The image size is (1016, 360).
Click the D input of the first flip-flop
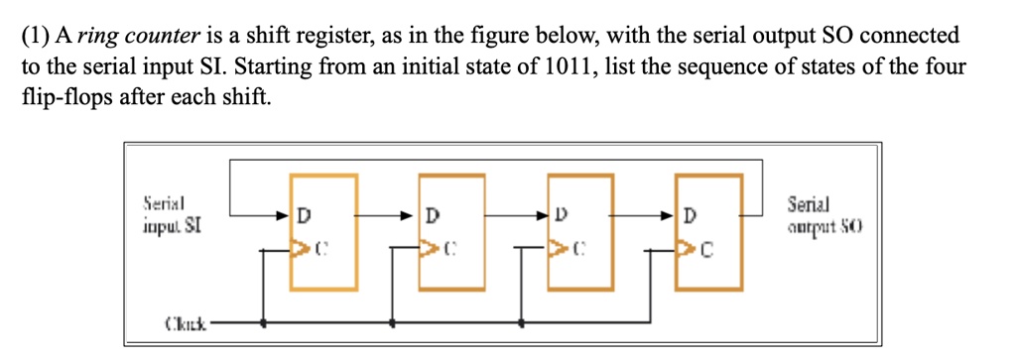(x=304, y=214)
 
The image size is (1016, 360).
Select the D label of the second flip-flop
(x=432, y=214)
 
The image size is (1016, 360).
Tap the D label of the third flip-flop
(x=561, y=214)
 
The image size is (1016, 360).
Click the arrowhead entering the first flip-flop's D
(x=284, y=213)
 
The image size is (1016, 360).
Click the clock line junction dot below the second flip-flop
(x=394, y=322)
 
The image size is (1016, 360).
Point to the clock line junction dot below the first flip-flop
(x=263, y=322)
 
